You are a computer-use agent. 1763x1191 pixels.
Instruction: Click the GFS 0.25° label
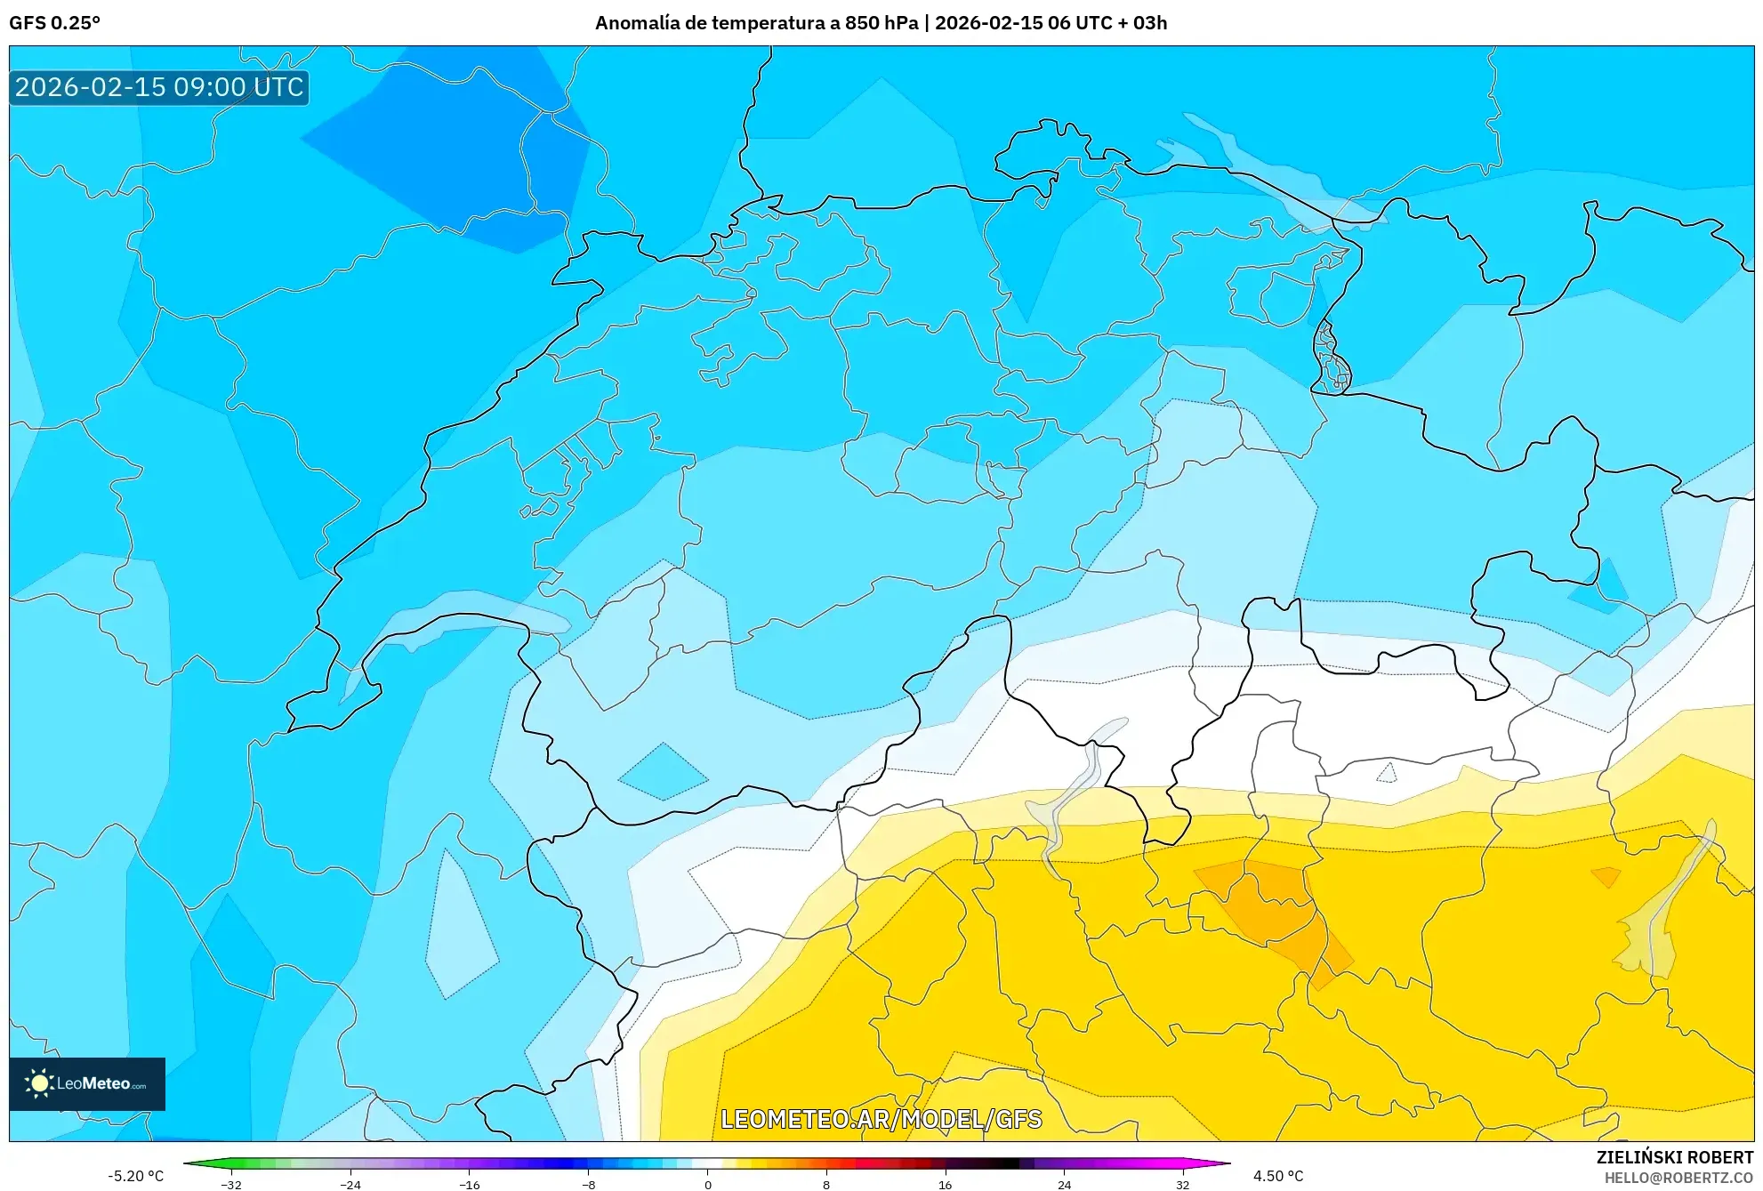pyautogui.click(x=54, y=23)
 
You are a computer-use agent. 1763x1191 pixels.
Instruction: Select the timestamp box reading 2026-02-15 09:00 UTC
pyautogui.click(x=159, y=87)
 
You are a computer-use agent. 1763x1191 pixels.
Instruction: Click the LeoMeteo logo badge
pyautogui.click(x=87, y=1083)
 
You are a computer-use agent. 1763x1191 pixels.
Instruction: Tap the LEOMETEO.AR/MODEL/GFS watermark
pyautogui.click(x=881, y=1119)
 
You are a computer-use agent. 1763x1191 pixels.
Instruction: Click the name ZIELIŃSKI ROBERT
pyautogui.click(x=1674, y=1157)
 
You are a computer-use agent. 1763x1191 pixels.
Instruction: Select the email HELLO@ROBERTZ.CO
pyautogui.click(x=1678, y=1178)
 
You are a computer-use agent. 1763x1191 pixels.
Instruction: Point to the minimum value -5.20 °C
pyautogui.click(x=135, y=1176)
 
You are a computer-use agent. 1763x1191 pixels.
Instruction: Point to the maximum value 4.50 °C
pyautogui.click(x=1278, y=1176)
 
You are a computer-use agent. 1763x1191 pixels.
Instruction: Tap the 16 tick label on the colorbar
pyautogui.click(x=945, y=1185)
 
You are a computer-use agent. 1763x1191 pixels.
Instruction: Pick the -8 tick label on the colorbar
pyautogui.click(x=588, y=1185)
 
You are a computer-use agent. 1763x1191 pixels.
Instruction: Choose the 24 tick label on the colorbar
pyautogui.click(x=1064, y=1185)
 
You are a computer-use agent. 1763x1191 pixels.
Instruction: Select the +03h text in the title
pyautogui.click(x=1149, y=23)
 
